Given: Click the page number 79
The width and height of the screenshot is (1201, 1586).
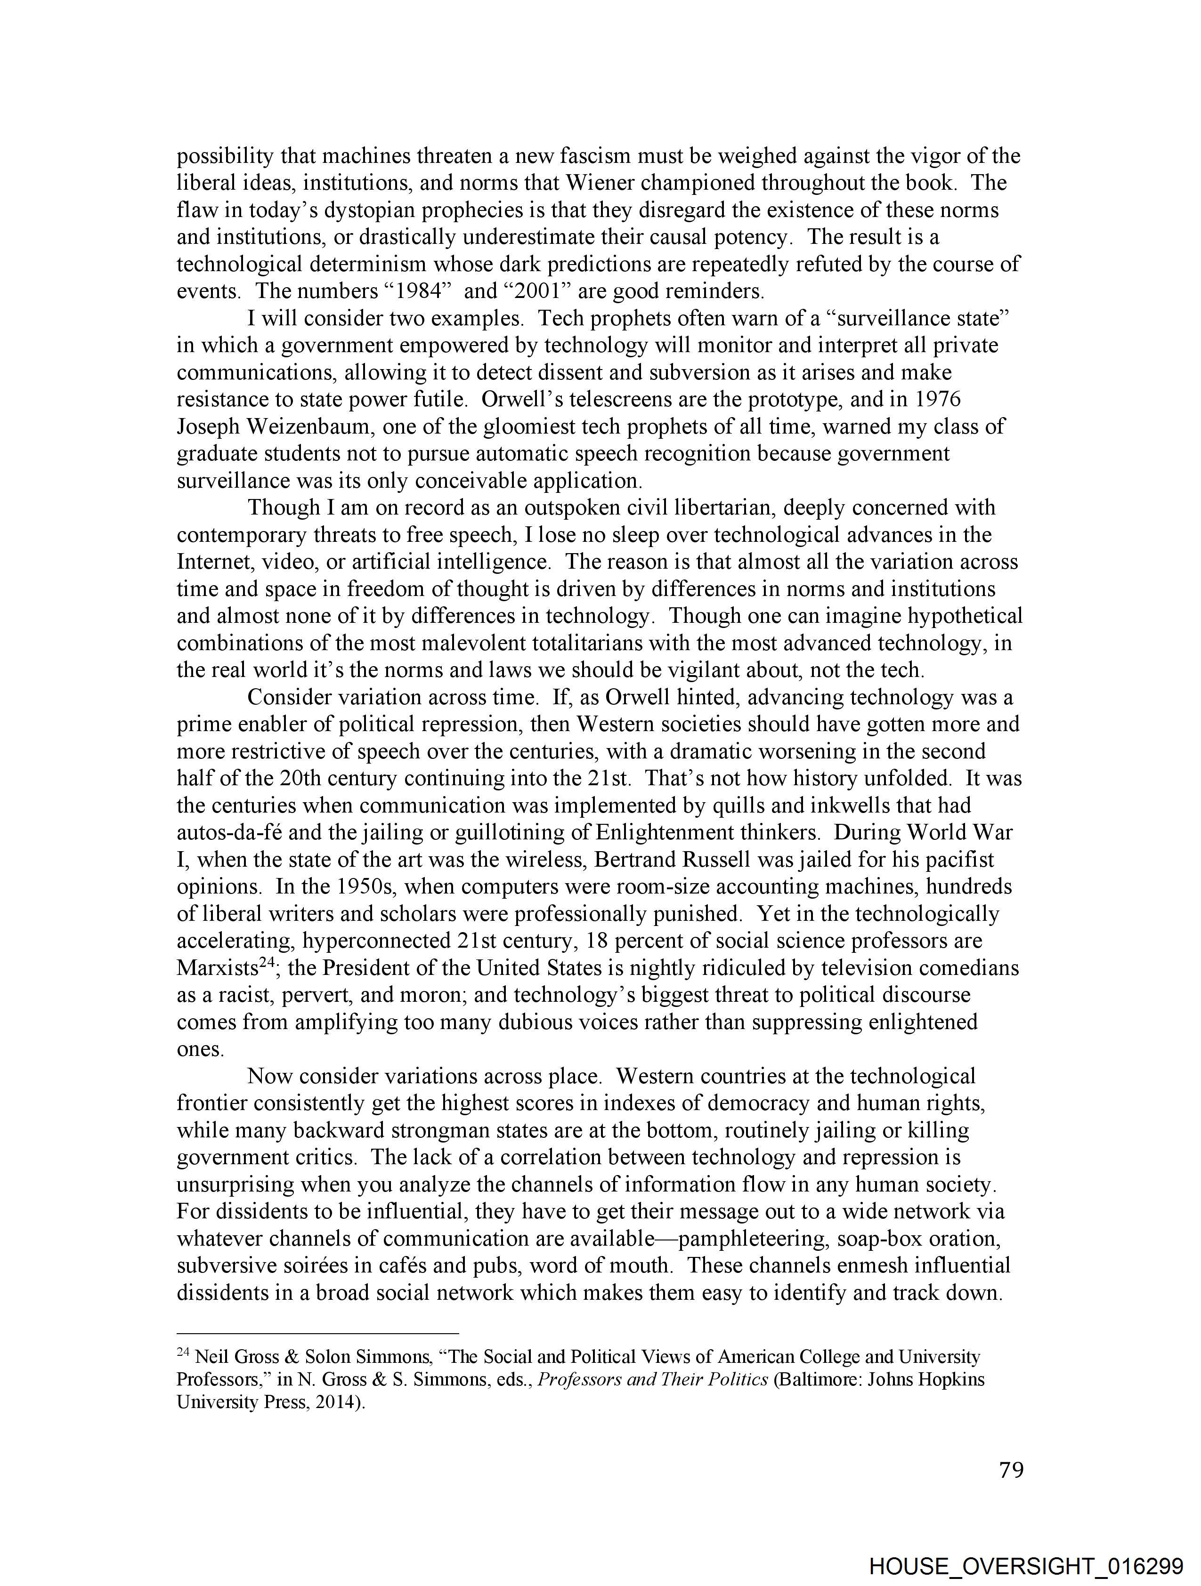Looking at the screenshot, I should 1011,1471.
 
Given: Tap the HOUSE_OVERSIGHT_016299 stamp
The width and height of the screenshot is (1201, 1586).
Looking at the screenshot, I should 1025,1567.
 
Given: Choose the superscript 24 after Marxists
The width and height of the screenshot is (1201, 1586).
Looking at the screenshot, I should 267,963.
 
